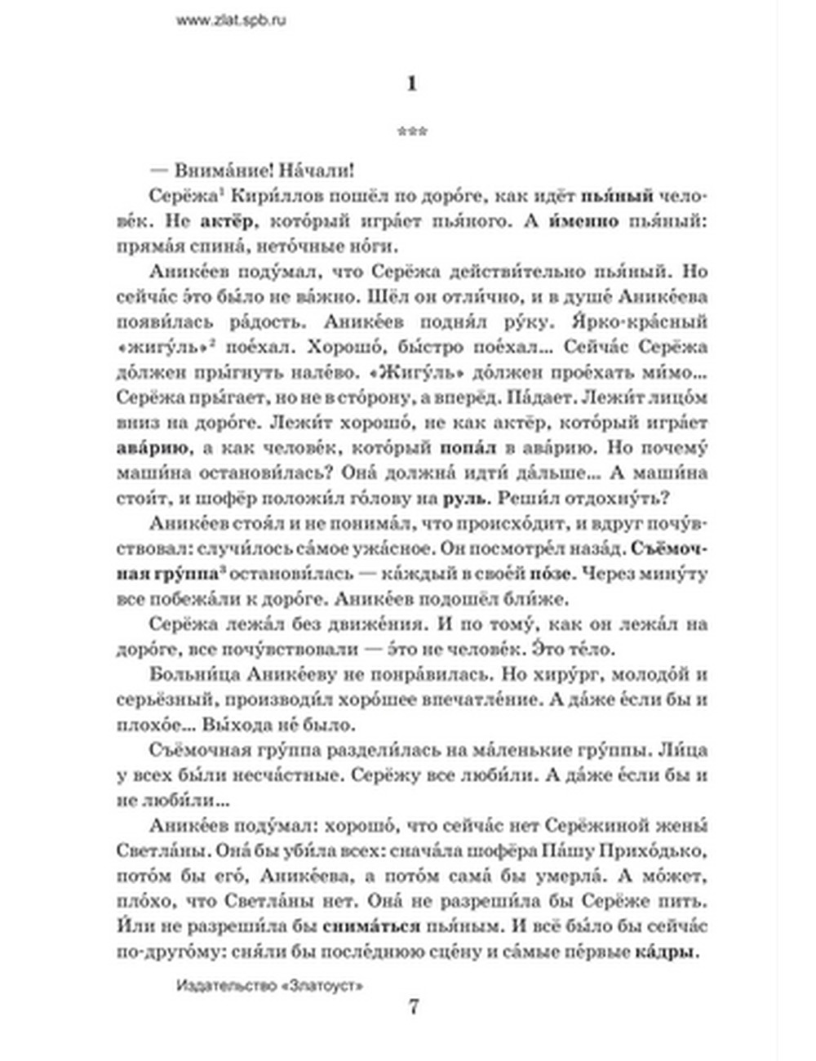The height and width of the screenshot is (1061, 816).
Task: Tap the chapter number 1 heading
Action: click(x=411, y=83)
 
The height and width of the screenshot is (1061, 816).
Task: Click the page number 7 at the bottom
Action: click(x=413, y=1007)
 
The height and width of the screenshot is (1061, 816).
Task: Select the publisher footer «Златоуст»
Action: click(x=269, y=985)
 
